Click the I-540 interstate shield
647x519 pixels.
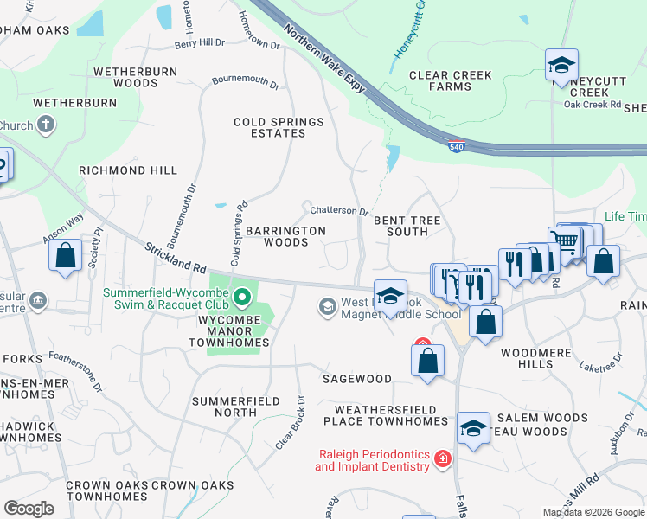pyautogui.click(x=456, y=146)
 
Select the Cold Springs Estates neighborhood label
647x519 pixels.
pyautogui.click(x=279, y=127)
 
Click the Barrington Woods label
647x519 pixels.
pyautogui.click(x=285, y=236)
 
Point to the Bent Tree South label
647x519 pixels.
pyautogui.click(x=407, y=226)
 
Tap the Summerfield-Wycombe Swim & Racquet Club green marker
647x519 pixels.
pyautogui.click(x=243, y=298)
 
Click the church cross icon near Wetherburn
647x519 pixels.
pyautogui.click(x=46, y=125)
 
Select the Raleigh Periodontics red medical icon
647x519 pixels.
pyautogui.click(x=442, y=458)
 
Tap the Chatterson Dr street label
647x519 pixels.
pyautogui.click(x=339, y=210)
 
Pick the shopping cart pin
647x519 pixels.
pyautogui.click(x=564, y=241)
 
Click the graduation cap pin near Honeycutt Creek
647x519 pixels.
pyautogui.click(x=561, y=64)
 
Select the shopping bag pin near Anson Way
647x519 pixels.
pyautogui.click(x=65, y=255)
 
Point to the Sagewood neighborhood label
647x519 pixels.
pyautogui.click(x=356, y=379)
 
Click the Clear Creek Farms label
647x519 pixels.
pyautogui.click(x=451, y=80)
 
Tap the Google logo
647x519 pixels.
pyautogui.click(x=29, y=508)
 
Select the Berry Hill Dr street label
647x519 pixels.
pyautogui.click(x=199, y=43)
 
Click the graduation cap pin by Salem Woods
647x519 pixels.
pyautogui.click(x=473, y=428)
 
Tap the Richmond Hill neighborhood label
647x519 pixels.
pyautogui.click(x=127, y=170)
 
